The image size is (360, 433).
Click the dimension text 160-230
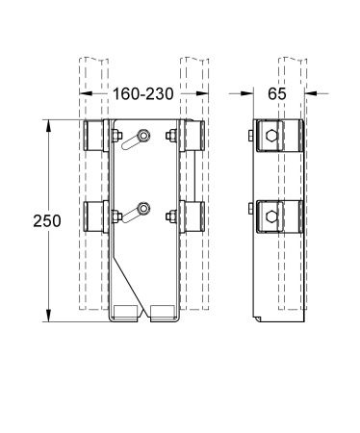[x=143, y=95]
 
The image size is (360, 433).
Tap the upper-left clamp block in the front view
[x=97, y=137]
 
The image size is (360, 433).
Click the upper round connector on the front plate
[x=143, y=135]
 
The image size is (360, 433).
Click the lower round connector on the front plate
[x=143, y=207]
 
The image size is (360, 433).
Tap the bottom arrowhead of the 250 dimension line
[x=49, y=317]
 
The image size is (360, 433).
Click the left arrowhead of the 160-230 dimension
[x=85, y=95]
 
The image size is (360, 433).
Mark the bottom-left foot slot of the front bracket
[x=126, y=313]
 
